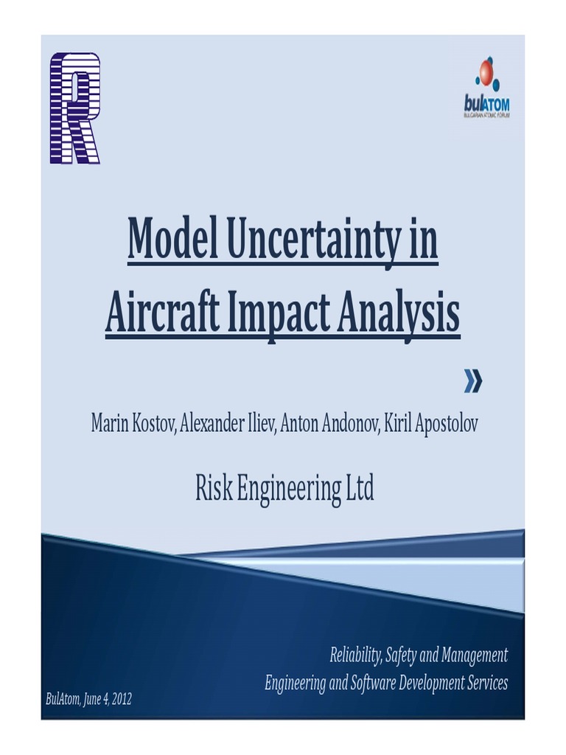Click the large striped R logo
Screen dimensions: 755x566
pyautogui.click(x=74, y=108)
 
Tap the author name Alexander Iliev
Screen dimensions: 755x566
pyautogui.click(x=226, y=424)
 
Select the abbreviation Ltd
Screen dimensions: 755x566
pyautogui.click(x=360, y=488)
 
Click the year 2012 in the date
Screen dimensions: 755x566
pyautogui.click(x=120, y=699)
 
